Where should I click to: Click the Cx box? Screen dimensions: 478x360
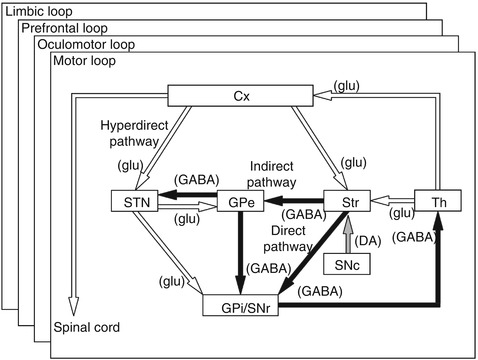pyautogui.click(x=240, y=96)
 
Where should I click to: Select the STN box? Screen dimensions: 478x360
pyautogui.click(x=135, y=201)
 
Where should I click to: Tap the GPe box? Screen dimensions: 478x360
pyautogui.click(x=240, y=201)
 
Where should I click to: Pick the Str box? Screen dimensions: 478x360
pyautogui.click(x=347, y=201)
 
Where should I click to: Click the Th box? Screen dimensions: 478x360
pyautogui.click(x=438, y=201)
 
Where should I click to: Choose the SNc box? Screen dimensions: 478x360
pyautogui.click(x=347, y=264)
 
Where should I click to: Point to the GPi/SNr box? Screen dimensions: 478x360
pyautogui.click(x=241, y=305)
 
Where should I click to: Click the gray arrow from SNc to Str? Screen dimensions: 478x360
pyautogui.click(x=348, y=233)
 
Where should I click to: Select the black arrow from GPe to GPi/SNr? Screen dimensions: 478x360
pyautogui.click(x=240, y=253)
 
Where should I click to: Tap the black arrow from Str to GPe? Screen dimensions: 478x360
pyautogui.click(x=294, y=201)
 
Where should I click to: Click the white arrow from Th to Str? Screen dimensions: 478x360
pyautogui.click(x=393, y=201)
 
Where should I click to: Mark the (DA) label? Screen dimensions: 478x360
pyautogui.click(x=368, y=241)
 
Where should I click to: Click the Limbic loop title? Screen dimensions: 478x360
pyautogui.click(x=39, y=12)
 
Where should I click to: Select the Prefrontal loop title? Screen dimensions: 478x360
pyautogui.click(x=64, y=28)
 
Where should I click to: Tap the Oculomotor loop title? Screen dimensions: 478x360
pyautogui.click(x=86, y=44)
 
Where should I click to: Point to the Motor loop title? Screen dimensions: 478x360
pyautogui.click(x=84, y=61)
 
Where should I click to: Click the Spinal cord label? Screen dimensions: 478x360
pyautogui.click(x=87, y=327)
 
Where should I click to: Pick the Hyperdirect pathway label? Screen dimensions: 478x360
pyautogui.click(x=134, y=133)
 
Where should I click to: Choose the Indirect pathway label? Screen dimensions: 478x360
pyautogui.click(x=271, y=174)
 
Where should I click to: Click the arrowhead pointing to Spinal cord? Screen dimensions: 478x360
pyautogui.click(x=73, y=306)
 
